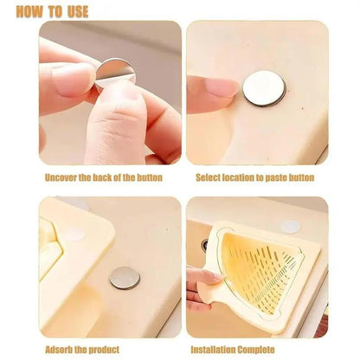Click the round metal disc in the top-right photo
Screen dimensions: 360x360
click(263, 88)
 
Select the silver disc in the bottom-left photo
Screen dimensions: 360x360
click(125, 277)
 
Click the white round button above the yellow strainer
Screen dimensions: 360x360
click(289, 227)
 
